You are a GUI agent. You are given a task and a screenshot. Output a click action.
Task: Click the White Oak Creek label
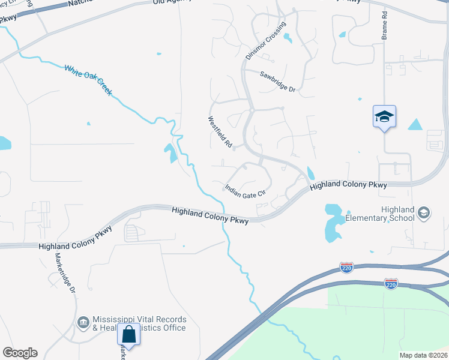88,79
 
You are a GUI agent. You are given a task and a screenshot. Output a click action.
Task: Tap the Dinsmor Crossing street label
267,40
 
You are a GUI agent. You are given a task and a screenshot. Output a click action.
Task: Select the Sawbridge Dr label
278,82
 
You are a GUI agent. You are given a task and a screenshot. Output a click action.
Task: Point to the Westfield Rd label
220,132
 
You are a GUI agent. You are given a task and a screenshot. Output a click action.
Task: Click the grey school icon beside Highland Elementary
424,212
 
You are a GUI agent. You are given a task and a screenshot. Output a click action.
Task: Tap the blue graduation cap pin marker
384,117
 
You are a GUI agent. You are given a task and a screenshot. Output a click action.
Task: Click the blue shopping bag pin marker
128,334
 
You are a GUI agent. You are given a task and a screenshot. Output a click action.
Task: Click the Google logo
20,353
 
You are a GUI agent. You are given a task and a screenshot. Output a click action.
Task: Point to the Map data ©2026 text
423,355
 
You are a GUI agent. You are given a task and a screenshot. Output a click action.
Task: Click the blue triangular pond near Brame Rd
415,124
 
